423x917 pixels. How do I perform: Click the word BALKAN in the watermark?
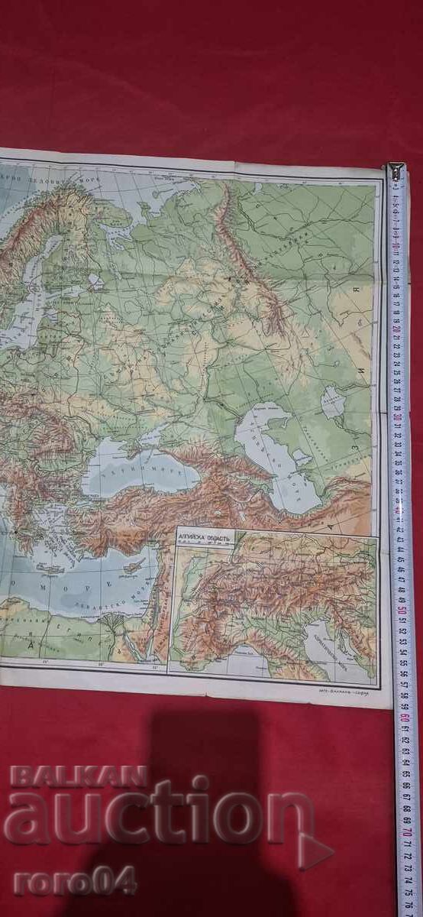click(78, 777)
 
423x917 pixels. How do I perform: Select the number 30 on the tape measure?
click(399, 417)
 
